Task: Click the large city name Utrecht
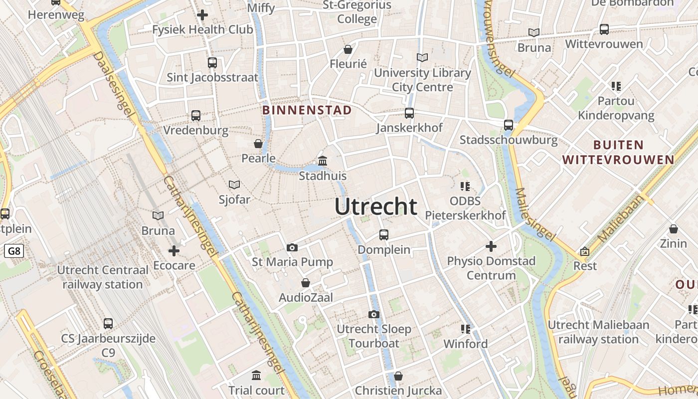pyautogui.click(x=376, y=206)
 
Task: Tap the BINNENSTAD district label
pyautogui.click(x=307, y=110)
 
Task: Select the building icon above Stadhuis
pyautogui.click(x=323, y=161)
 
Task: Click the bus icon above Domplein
pyautogui.click(x=384, y=234)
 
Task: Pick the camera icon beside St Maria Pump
pyautogui.click(x=292, y=247)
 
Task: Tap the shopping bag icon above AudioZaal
pyautogui.click(x=306, y=283)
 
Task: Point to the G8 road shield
pyautogui.click(x=14, y=251)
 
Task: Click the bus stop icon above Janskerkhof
pyautogui.click(x=409, y=113)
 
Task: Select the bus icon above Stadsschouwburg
pyautogui.click(x=509, y=125)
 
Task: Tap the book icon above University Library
pyautogui.click(x=422, y=58)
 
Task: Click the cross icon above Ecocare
pyautogui.click(x=174, y=250)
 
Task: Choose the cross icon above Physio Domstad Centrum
pyautogui.click(x=491, y=246)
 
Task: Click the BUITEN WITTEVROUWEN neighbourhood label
pyautogui.click(x=618, y=153)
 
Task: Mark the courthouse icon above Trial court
pyautogui.click(x=256, y=375)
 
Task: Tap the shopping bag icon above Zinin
pyautogui.click(x=674, y=229)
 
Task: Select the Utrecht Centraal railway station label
pyautogui.click(x=103, y=277)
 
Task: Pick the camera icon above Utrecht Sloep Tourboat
pyautogui.click(x=374, y=314)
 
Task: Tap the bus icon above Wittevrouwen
pyautogui.click(x=604, y=29)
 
